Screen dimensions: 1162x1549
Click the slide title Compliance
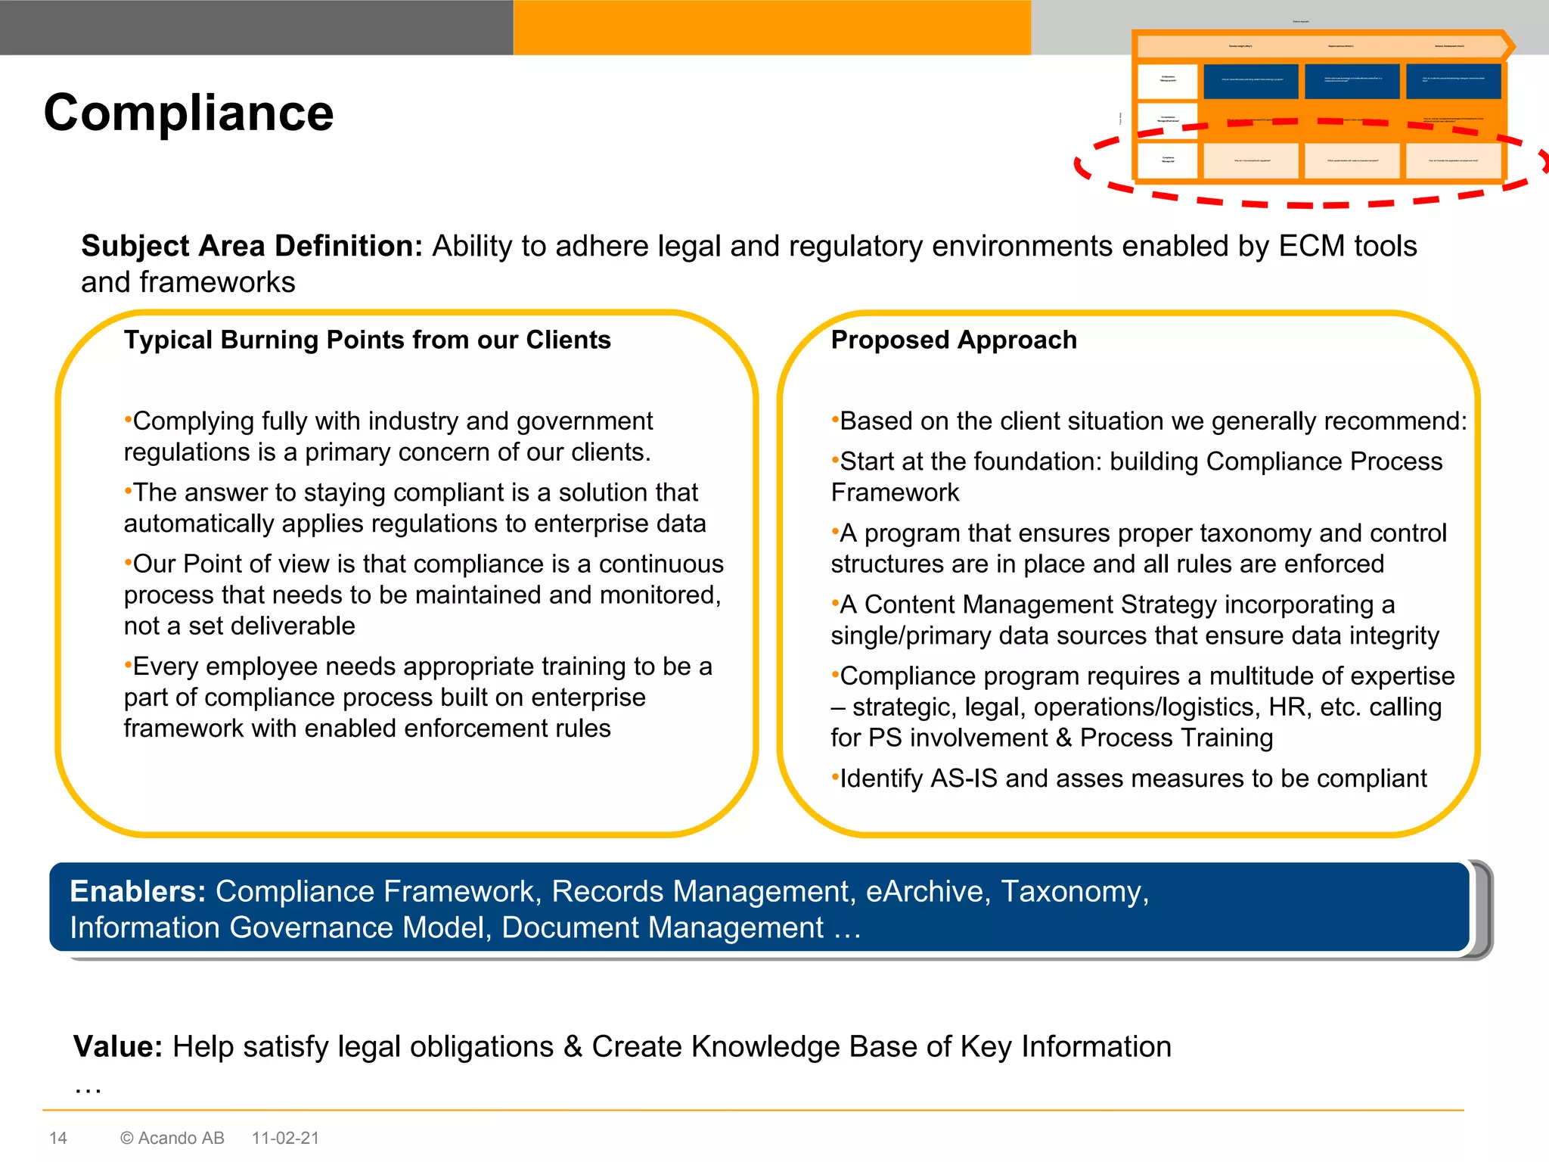pos(188,113)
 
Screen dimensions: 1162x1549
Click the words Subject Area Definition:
pos(251,247)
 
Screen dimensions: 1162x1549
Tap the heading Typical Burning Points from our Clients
pos(367,340)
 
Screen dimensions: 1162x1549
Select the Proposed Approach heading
pos(953,340)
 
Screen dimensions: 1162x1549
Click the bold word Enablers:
pos(138,891)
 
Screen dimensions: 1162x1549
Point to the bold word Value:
pos(117,1047)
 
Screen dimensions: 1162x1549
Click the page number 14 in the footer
pos(58,1138)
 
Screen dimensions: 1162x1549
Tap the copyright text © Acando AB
pos(172,1138)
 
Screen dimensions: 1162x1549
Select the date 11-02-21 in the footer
pos(285,1138)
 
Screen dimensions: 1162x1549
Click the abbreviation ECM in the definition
pos(1312,247)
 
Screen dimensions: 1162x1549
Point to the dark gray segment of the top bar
pos(256,27)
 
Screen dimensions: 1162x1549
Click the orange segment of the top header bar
pos(771,27)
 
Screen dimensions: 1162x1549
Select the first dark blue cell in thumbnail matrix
pos(1250,81)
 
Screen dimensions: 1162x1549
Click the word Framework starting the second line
pos(894,492)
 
